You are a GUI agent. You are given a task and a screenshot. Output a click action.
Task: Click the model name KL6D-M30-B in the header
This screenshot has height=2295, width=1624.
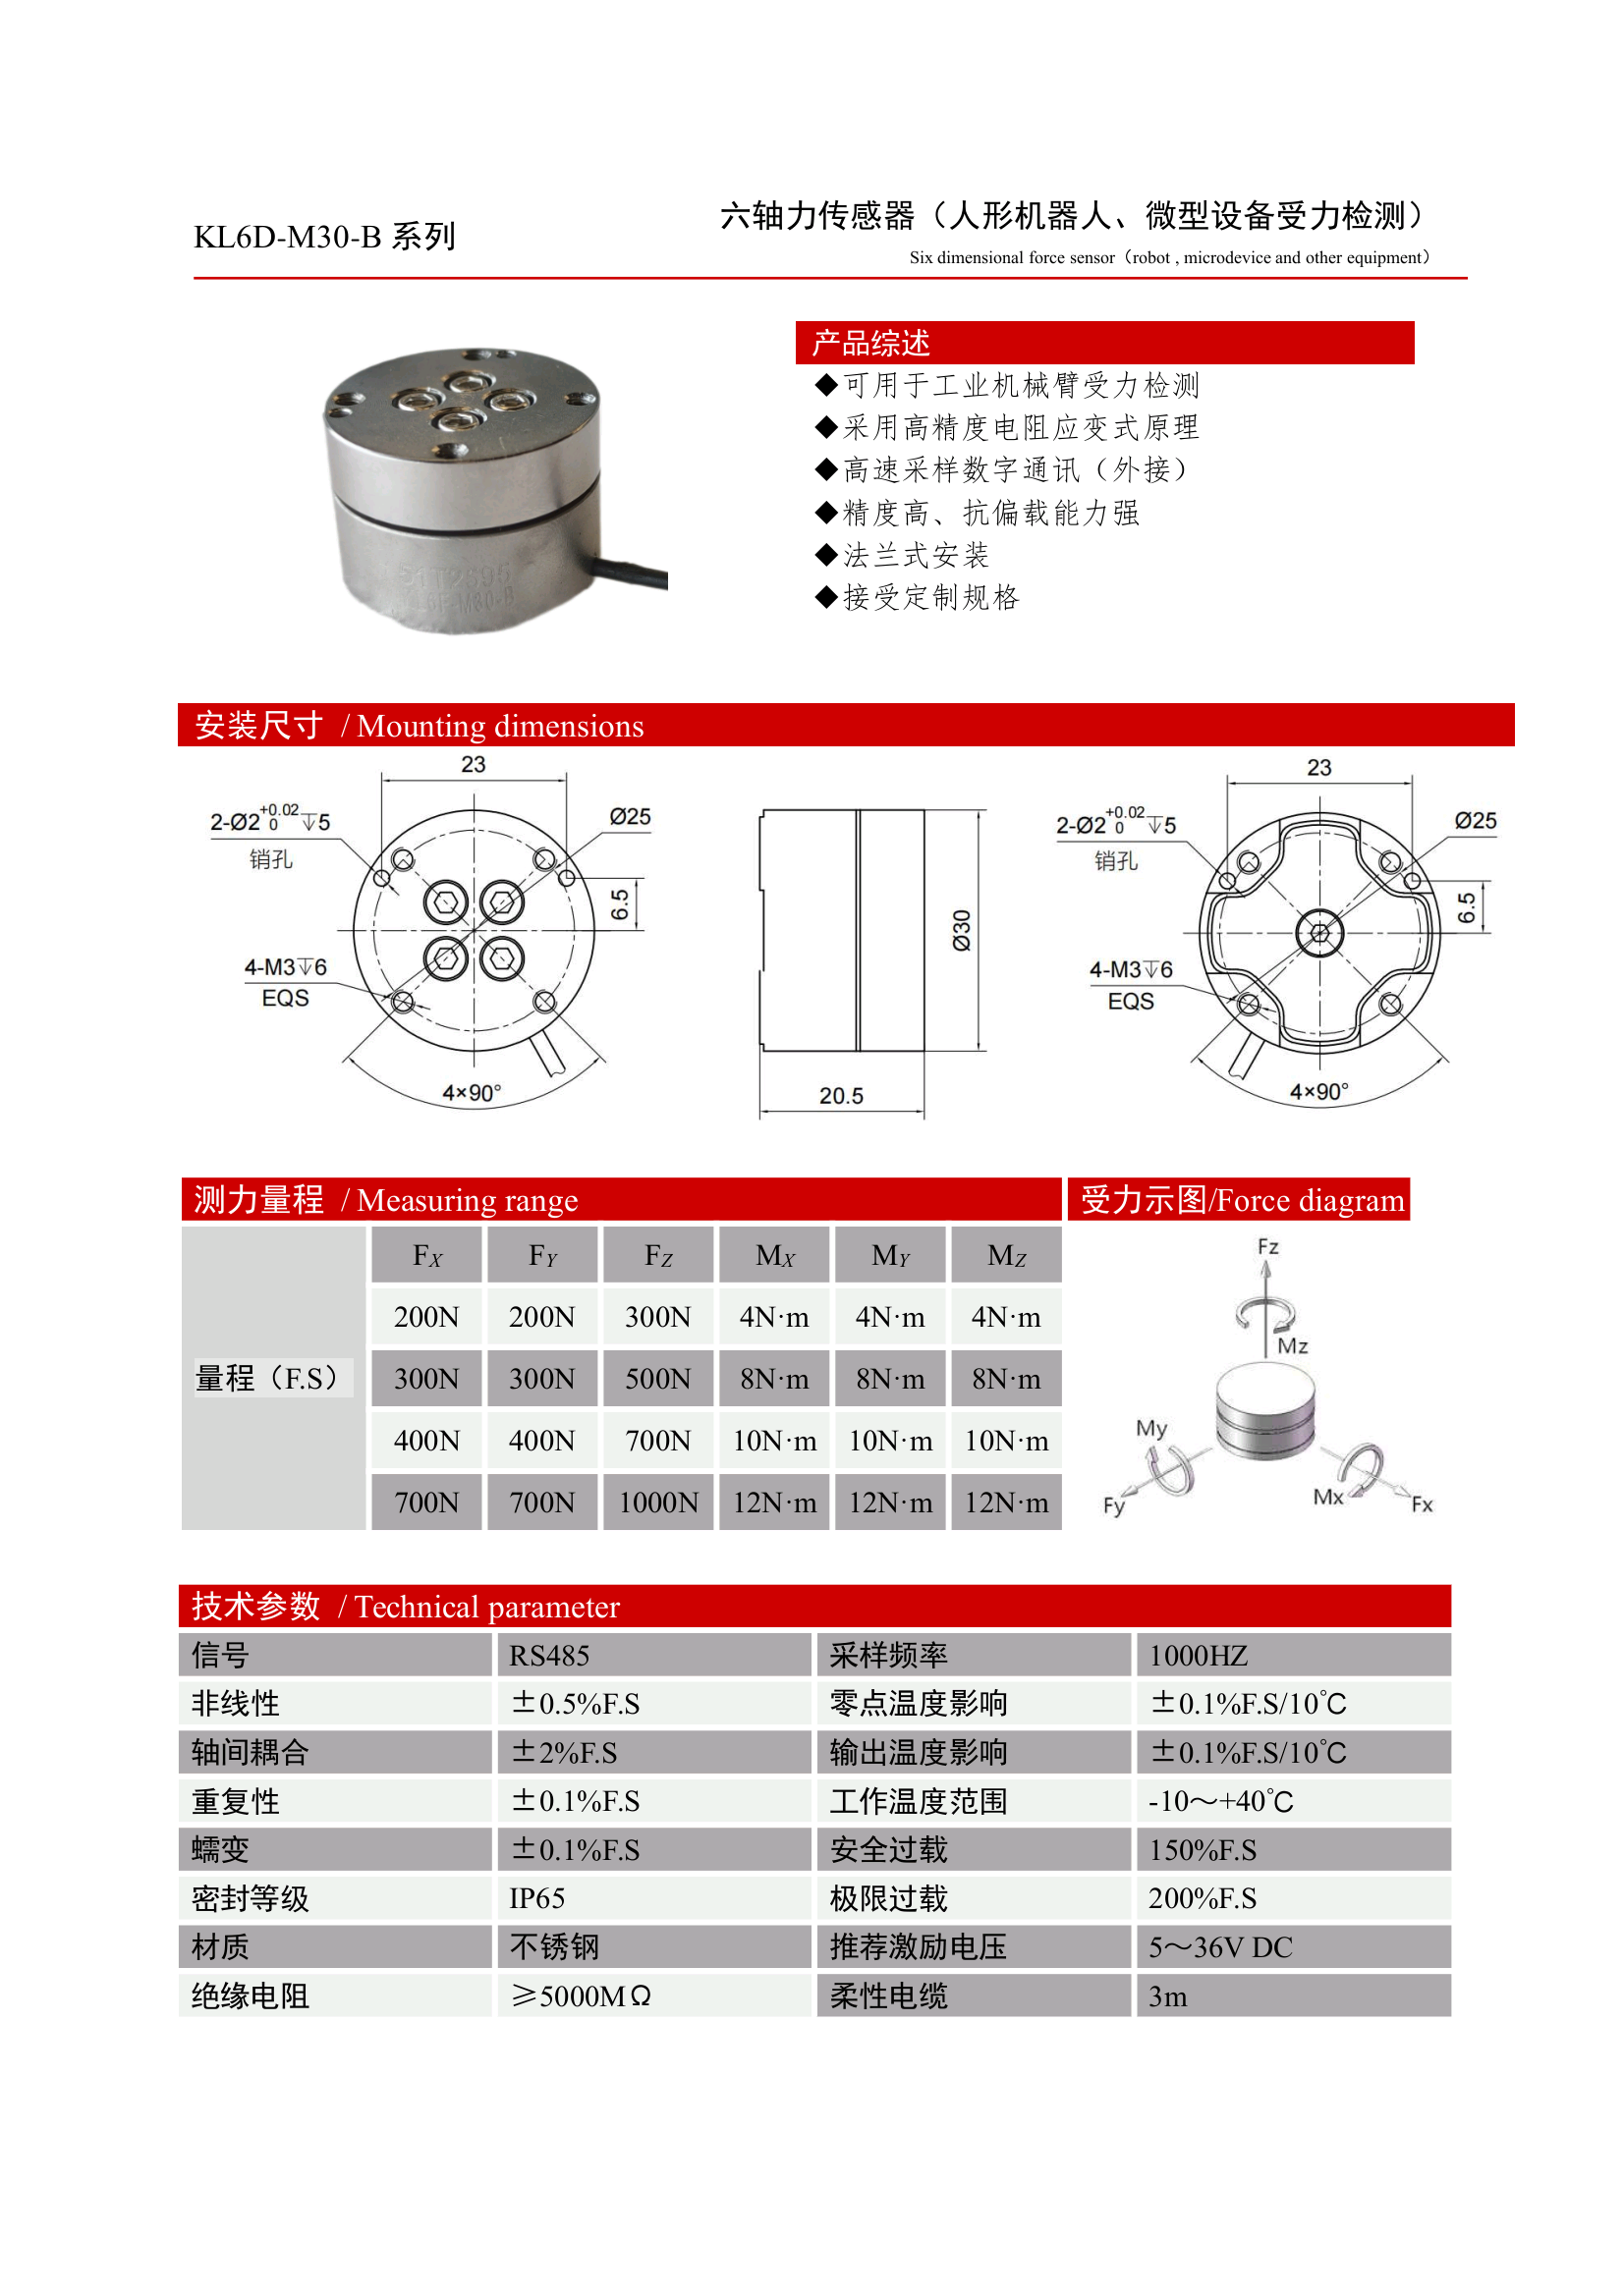point(288,237)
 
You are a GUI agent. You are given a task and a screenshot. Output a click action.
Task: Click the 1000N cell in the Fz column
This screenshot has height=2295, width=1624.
point(658,1503)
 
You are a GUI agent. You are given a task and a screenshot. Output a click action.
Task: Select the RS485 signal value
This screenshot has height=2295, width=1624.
point(549,1657)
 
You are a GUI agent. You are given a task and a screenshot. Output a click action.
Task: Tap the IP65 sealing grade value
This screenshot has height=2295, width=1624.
point(537,1898)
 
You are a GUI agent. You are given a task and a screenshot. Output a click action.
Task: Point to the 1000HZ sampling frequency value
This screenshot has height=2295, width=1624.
point(1198,1657)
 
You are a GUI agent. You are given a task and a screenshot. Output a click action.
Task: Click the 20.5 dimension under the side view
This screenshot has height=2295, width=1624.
point(841,1096)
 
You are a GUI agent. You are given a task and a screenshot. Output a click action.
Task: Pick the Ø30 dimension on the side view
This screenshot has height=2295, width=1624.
point(962,931)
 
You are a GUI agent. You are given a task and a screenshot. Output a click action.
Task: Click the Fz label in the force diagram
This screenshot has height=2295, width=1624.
point(1268,1246)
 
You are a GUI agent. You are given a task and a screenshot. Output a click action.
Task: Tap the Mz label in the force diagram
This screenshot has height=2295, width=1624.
point(1292,1346)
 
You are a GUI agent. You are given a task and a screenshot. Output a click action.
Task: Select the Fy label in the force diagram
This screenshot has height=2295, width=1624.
point(1114,1505)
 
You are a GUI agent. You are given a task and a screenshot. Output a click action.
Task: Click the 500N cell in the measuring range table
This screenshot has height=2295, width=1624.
point(658,1380)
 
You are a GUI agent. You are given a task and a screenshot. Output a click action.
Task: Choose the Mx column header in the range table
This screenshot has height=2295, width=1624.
point(775,1255)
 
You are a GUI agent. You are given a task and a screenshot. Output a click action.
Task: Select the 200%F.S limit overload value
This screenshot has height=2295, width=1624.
point(1202,1898)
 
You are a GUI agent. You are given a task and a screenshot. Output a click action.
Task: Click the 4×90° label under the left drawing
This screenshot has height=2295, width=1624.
point(472,1093)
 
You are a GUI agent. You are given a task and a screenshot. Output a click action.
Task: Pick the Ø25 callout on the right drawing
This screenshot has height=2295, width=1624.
point(1475,821)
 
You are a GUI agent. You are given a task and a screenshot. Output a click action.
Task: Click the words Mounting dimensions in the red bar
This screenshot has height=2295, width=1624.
point(500,726)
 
